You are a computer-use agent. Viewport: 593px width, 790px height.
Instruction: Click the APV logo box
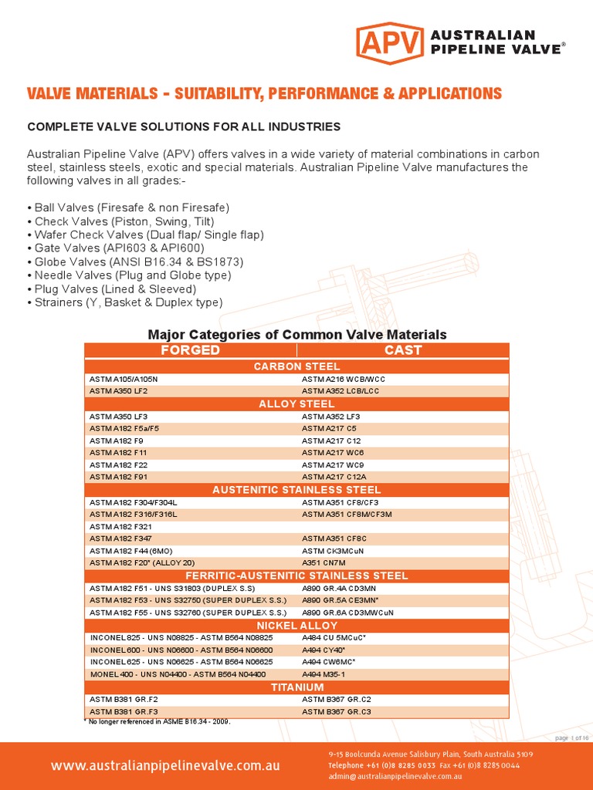pyautogui.click(x=390, y=43)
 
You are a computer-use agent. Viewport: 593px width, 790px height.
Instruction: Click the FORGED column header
pyautogui.click(x=189, y=350)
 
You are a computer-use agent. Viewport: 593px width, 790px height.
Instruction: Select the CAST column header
pyautogui.click(x=403, y=350)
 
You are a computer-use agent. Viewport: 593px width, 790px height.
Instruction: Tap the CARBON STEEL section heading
pyautogui.click(x=296, y=366)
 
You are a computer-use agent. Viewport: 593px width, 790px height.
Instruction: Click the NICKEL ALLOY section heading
pyautogui.click(x=296, y=625)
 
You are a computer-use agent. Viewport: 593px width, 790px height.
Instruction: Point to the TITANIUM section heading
pyautogui.click(x=296, y=687)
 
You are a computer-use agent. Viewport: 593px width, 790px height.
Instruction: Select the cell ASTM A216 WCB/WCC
pyautogui.click(x=344, y=380)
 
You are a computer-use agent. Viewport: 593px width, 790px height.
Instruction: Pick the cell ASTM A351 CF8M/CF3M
pyautogui.click(x=347, y=514)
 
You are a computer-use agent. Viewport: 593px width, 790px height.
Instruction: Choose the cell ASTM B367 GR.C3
pyautogui.click(x=337, y=711)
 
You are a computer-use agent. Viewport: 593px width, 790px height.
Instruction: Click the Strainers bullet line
pyautogui.click(x=124, y=302)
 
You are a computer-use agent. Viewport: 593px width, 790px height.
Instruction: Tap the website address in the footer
pyautogui.click(x=165, y=766)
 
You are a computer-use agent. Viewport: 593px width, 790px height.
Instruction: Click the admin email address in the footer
pyautogui.click(x=395, y=776)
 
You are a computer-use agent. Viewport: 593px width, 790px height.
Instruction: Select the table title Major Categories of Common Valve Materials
pyautogui.click(x=296, y=335)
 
